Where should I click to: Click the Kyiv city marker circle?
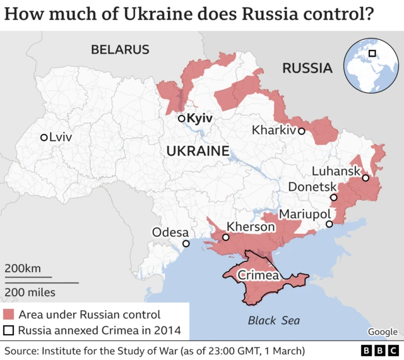pos(181,118)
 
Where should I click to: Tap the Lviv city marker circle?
pos(44,137)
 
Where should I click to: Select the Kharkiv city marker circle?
pos(302,131)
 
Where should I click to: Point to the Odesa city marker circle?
pos(186,244)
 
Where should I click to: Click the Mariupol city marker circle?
pos(329,224)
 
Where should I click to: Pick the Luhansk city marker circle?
pos(365,178)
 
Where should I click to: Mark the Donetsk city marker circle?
pos(334,198)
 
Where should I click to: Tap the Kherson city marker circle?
pos(225,237)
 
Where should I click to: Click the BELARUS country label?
pos(120,49)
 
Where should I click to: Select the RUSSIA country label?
pos(307,68)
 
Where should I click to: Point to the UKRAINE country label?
pos(197,151)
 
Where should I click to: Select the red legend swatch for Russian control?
pos(9,314)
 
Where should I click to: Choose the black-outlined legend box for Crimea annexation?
pos(9,330)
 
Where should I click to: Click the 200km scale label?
pos(23,268)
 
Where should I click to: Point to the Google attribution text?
pos(383,332)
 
